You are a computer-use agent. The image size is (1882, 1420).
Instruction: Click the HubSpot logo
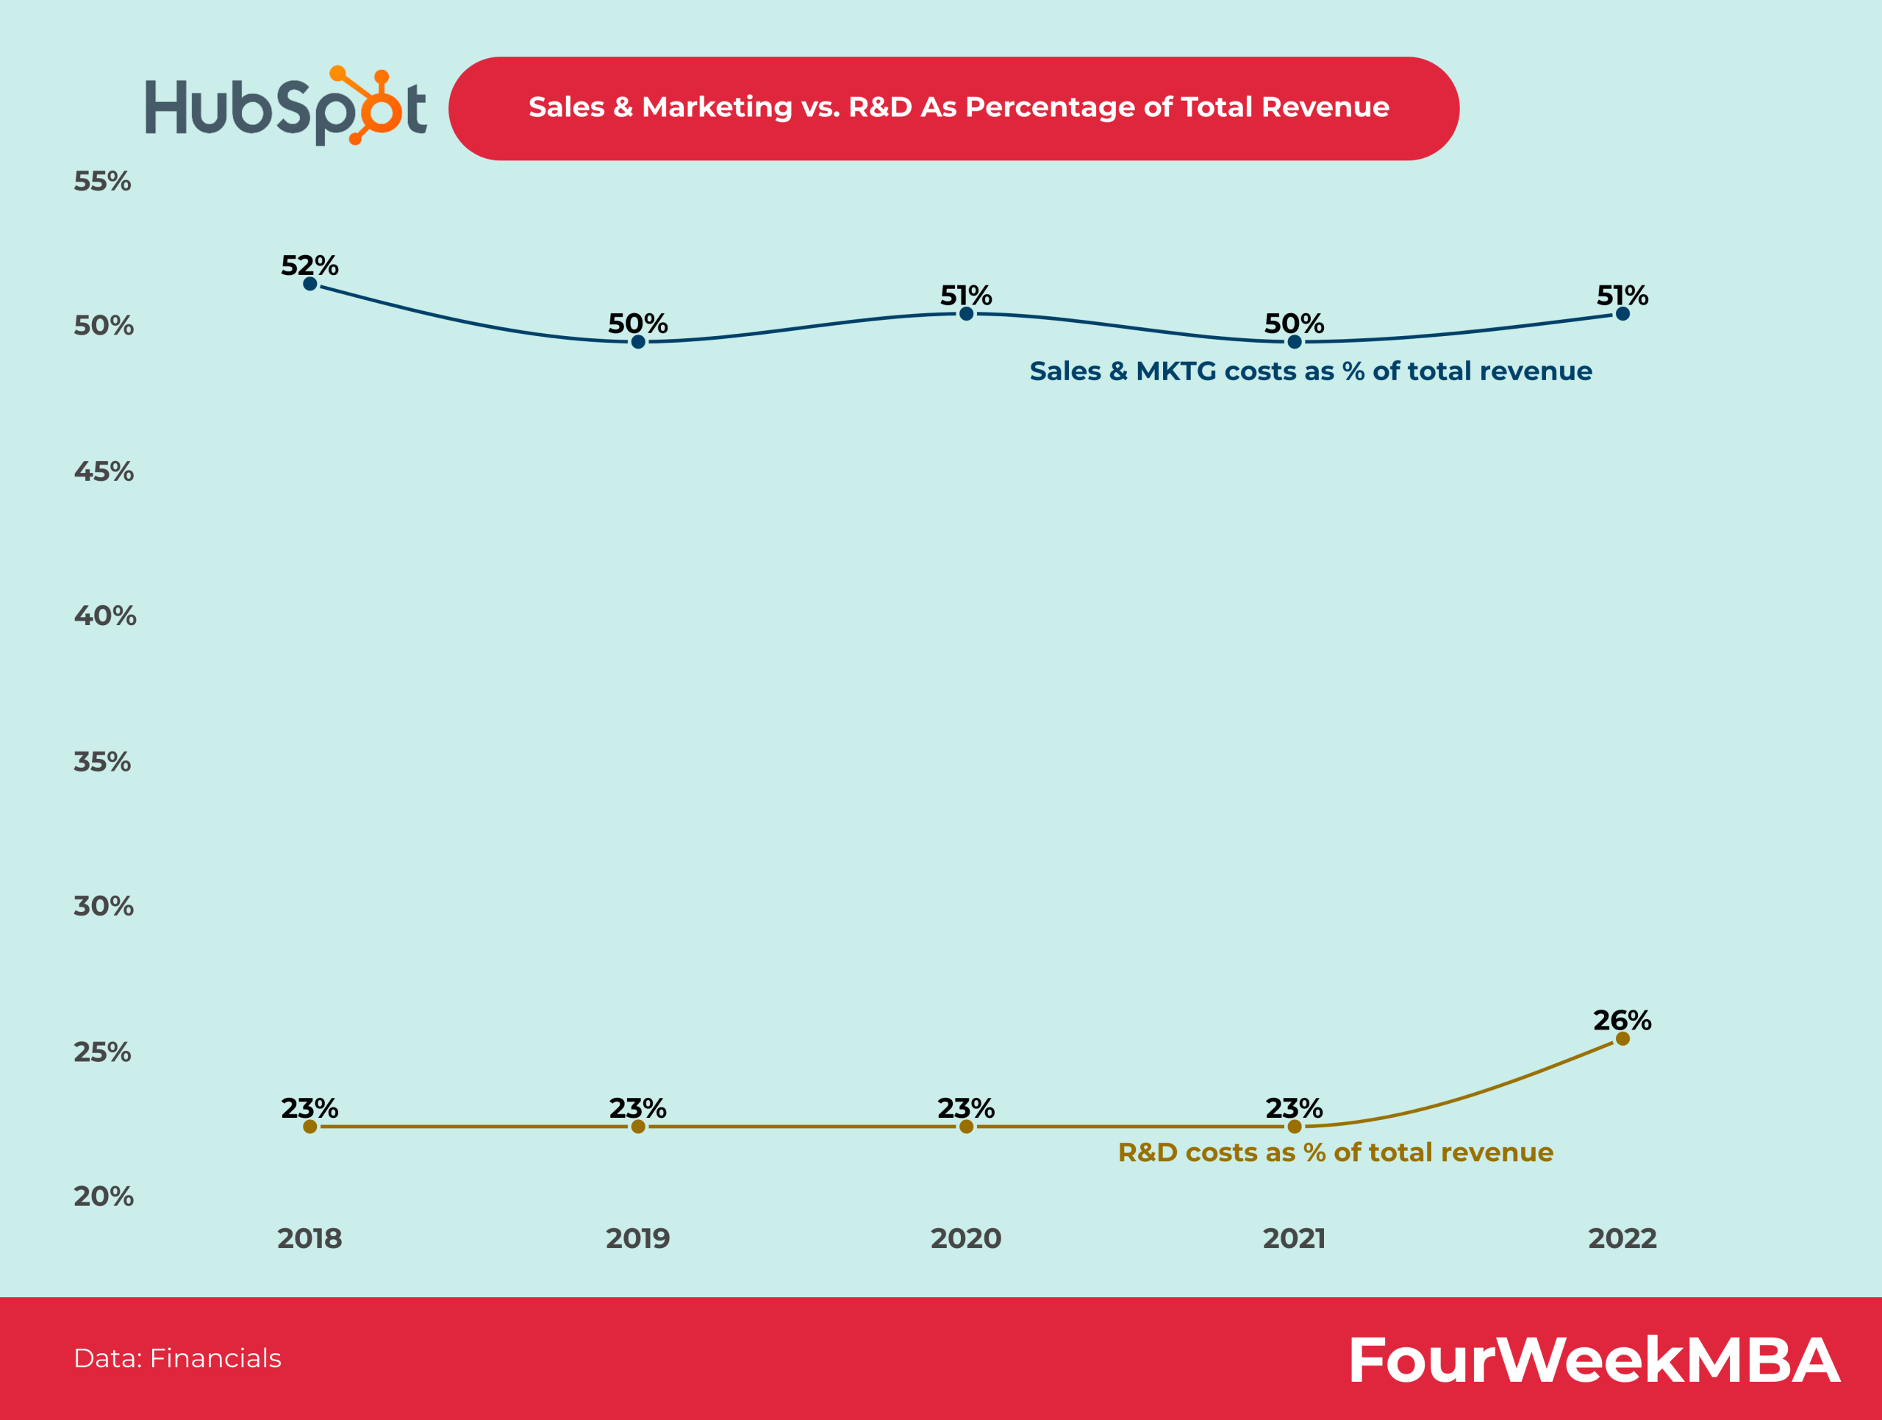point(285,107)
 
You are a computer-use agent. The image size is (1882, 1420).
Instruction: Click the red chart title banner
point(953,108)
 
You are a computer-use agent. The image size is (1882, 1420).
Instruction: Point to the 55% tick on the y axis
point(102,181)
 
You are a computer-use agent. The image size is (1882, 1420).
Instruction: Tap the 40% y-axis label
point(104,616)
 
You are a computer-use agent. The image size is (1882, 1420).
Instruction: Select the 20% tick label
point(103,1196)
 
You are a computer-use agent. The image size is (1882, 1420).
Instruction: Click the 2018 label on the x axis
point(310,1238)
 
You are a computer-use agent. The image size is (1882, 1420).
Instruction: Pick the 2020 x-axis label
point(966,1238)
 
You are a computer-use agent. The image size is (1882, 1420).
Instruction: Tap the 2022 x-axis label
point(1622,1238)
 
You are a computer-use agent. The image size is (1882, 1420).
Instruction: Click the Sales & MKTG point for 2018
point(310,283)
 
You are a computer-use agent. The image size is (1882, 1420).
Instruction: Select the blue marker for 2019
point(638,342)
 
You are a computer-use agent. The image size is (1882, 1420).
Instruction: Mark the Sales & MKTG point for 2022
point(1622,313)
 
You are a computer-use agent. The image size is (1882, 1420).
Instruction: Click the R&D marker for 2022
point(1622,1039)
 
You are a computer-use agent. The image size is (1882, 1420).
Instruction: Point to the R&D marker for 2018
point(310,1127)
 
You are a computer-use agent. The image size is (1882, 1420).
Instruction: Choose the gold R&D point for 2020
point(967,1127)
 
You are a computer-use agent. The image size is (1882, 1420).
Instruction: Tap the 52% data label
point(310,265)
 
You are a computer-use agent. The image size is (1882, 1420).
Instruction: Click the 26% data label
point(1622,1020)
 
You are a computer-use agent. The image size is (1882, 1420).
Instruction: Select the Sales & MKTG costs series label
point(1310,371)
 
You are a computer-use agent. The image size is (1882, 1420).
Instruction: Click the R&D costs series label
point(1335,1152)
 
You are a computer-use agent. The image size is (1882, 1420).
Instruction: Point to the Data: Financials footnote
point(177,1358)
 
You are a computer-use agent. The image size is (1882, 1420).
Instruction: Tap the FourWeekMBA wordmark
point(1595,1360)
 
